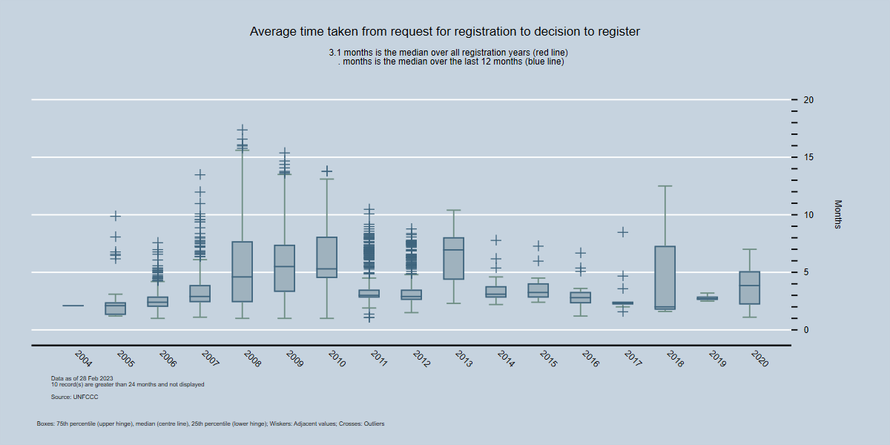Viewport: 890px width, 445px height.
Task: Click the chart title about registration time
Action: pyautogui.click(x=445, y=32)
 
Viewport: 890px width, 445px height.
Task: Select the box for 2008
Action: pyautogui.click(x=242, y=271)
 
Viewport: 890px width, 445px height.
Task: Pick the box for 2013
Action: pyautogui.click(x=453, y=259)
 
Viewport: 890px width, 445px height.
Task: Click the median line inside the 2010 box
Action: pyautogui.click(x=326, y=268)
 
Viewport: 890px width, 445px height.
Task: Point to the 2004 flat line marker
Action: pyautogui.click(x=73, y=306)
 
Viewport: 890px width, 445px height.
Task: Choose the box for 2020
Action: pyautogui.click(x=750, y=288)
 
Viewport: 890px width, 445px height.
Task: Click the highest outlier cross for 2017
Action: pyautogui.click(x=623, y=232)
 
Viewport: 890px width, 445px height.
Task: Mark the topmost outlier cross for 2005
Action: pyautogui.click(x=115, y=216)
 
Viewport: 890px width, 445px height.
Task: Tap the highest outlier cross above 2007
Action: pyautogui.click(x=200, y=174)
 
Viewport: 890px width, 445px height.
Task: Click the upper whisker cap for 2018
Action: pyautogui.click(x=665, y=186)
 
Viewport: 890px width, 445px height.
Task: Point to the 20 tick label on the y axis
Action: pyautogui.click(x=808, y=100)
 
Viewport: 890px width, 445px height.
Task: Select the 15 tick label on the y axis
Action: pyautogui.click(x=808, y=157)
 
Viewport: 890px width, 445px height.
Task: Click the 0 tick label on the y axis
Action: pyautogui.click(x=805, y=329)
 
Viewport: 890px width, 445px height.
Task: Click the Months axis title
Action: pyautogui.click(x=838, y=214)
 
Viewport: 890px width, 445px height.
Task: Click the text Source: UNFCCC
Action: pyautogui.click(x=74, y=398)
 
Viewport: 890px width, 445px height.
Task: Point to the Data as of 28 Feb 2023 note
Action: pyautogui.click(x=82, y=378)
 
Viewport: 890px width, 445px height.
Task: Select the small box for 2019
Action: pyautogui.click(x=708, y=298)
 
